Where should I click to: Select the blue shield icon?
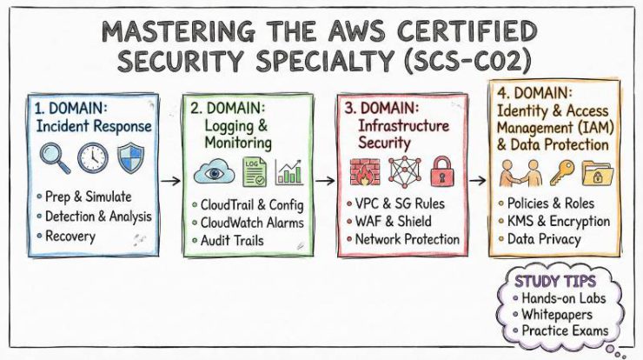tap(130, 158)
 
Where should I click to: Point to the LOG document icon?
tap(254, 170)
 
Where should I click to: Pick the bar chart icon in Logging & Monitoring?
tap(288, 170)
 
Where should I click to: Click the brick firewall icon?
tap(365, 170)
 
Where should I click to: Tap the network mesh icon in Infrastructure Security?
tap(403, 170)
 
